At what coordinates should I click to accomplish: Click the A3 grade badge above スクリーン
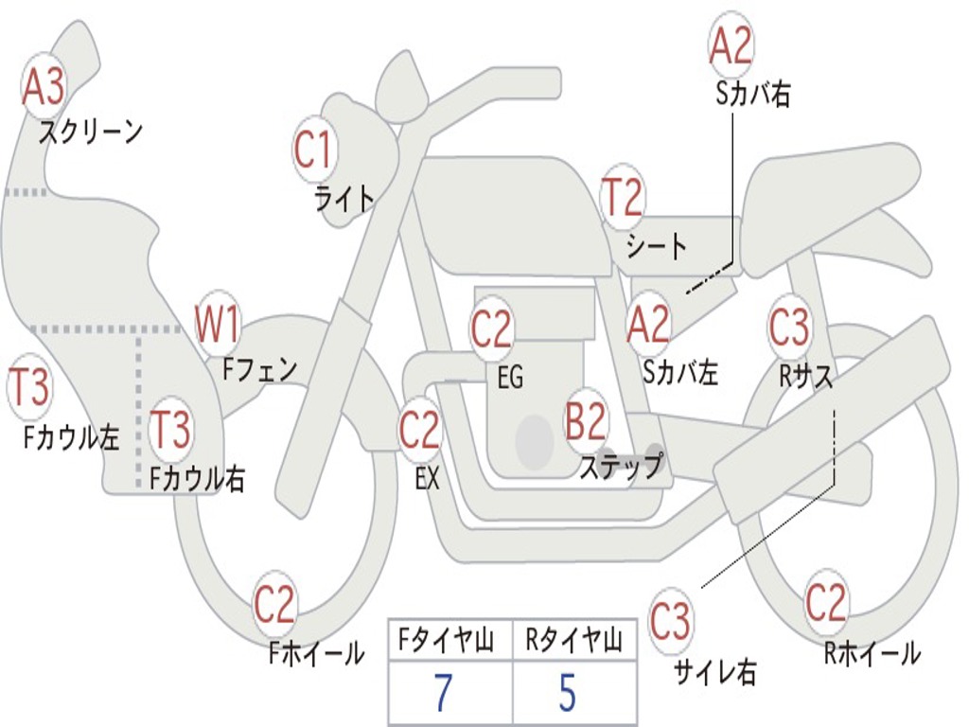click(x=44, y=87)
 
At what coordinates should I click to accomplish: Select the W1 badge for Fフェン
click(x=218, y=325)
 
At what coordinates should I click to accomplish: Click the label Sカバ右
click(x=753, y=94)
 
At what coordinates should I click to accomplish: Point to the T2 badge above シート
click(x=623, y=197)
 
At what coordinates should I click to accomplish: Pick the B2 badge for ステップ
click(x=586, y=422)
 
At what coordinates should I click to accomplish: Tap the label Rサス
click(x=806, y=376)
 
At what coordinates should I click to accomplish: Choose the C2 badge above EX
click(x=419, y=431)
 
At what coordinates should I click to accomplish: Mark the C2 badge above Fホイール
click(x=274, y=604)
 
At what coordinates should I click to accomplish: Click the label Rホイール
click(x=872, y=653)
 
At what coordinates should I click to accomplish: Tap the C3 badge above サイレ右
click(x=670, y=622)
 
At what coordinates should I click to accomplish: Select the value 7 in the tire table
click(x=443, y=694)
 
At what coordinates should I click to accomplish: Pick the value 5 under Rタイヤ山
click(x=567, y=694)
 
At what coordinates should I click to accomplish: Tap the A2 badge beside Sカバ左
click(x=649, y=325)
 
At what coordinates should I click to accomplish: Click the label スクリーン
click(x=91, y=132)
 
